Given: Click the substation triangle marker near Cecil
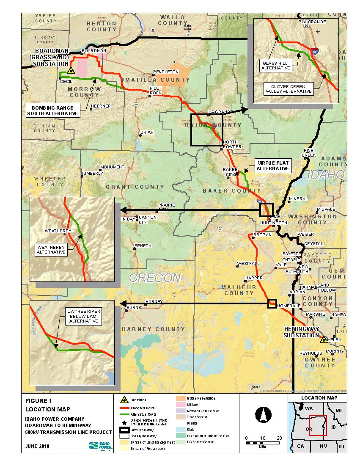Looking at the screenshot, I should click(71, 71).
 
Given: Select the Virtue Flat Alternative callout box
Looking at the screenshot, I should click(273, 165).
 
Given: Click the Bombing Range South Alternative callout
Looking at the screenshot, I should click(52, 110).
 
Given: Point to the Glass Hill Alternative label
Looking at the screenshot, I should click(275, 65).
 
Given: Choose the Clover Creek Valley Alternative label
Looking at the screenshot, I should click(289, 88).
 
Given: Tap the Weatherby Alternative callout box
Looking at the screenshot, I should click(51, 249).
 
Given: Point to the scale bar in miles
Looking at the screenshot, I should click(263, 443).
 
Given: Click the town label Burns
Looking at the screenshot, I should click(134, 307).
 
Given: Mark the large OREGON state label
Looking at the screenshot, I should click(155, 278).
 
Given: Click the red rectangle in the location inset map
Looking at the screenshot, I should click(318, 425).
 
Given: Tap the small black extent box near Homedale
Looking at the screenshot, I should click(272, 303).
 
